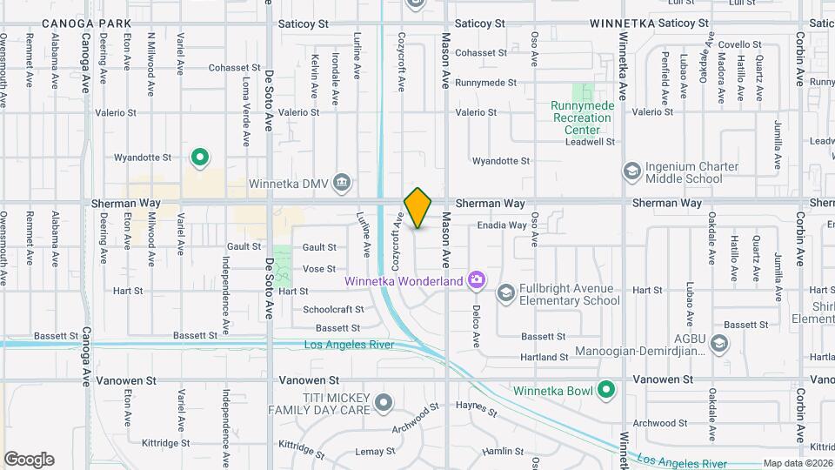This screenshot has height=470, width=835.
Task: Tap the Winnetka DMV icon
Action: point(342,182)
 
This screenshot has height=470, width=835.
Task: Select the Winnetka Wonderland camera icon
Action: point(476,280)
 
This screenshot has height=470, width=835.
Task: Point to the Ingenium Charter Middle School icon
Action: point(631,171)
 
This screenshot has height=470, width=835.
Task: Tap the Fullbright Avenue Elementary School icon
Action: point(505,293)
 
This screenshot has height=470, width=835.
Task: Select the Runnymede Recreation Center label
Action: point(583,118)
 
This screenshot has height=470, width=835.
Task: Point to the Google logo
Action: point(29,459)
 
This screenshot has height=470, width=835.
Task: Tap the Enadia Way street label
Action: point(501,225)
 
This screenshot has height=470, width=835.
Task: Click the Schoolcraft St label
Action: point(333,310)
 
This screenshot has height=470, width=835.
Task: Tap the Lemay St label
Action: point(375,452)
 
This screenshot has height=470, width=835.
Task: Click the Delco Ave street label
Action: point(477,321)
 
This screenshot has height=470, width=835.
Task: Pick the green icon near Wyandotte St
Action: point(200,158)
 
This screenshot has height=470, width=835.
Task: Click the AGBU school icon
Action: point(718,344)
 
